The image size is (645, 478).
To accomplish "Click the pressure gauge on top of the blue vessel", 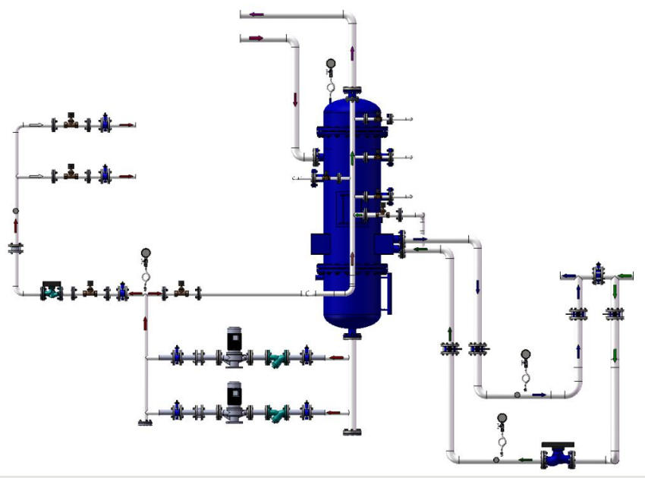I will [x=330, y=64].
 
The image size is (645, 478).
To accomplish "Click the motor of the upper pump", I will [x=234, y=338].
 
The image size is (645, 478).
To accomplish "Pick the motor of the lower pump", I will [x=234, y=392].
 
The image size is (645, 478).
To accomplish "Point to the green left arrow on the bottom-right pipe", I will [x=524, y=459].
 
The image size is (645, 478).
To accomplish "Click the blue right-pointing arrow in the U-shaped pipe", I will [x=539, y=395].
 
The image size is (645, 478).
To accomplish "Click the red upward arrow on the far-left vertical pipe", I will [x=16, y=225].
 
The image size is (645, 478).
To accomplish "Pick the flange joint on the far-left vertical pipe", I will [x=16, y=248].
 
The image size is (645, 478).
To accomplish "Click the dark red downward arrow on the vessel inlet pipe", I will [x=295, y=100].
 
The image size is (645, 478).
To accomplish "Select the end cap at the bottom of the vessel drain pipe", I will [x=351, y=432].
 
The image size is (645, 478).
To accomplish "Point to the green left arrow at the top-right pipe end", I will [x=625, y=275].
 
